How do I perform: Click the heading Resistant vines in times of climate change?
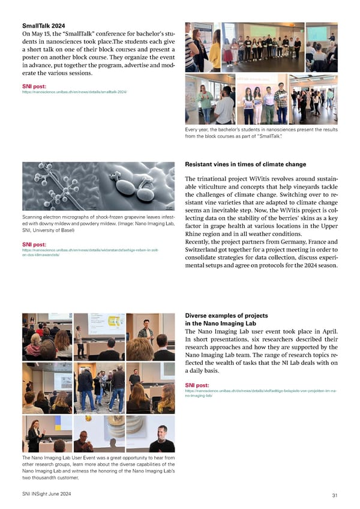(x=245, y=164)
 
